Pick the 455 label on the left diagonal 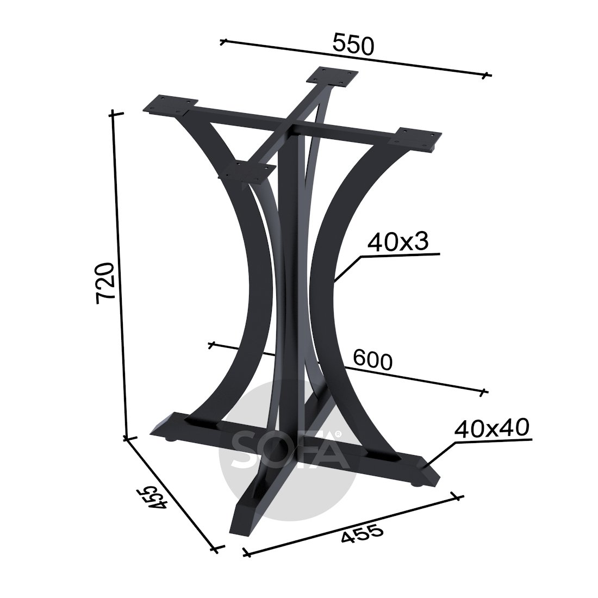point(152,496)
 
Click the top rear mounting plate point(333,77)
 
